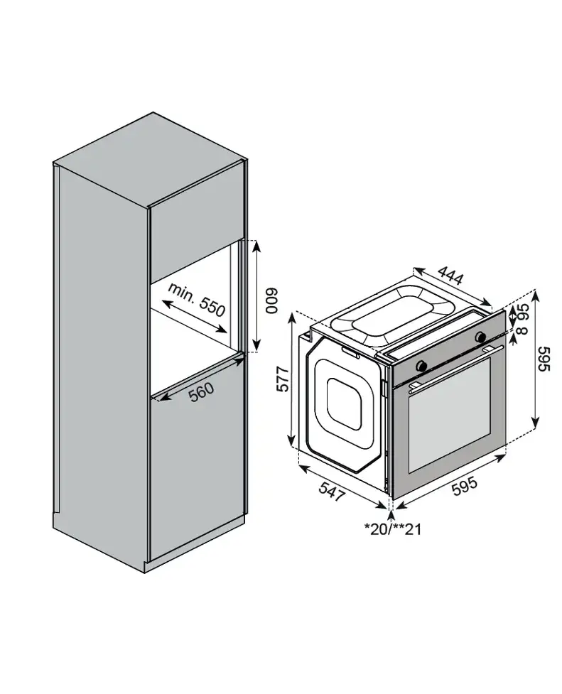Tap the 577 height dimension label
pyautogui.click(x=283, y=379)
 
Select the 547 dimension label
pyautogui.click(x=331, y=491)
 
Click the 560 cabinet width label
pyautogui.click(x=201, y=391)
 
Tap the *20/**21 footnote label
pyautogui.click(x=392, y=528)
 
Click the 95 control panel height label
pyautogui.click(x=523, y=312)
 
